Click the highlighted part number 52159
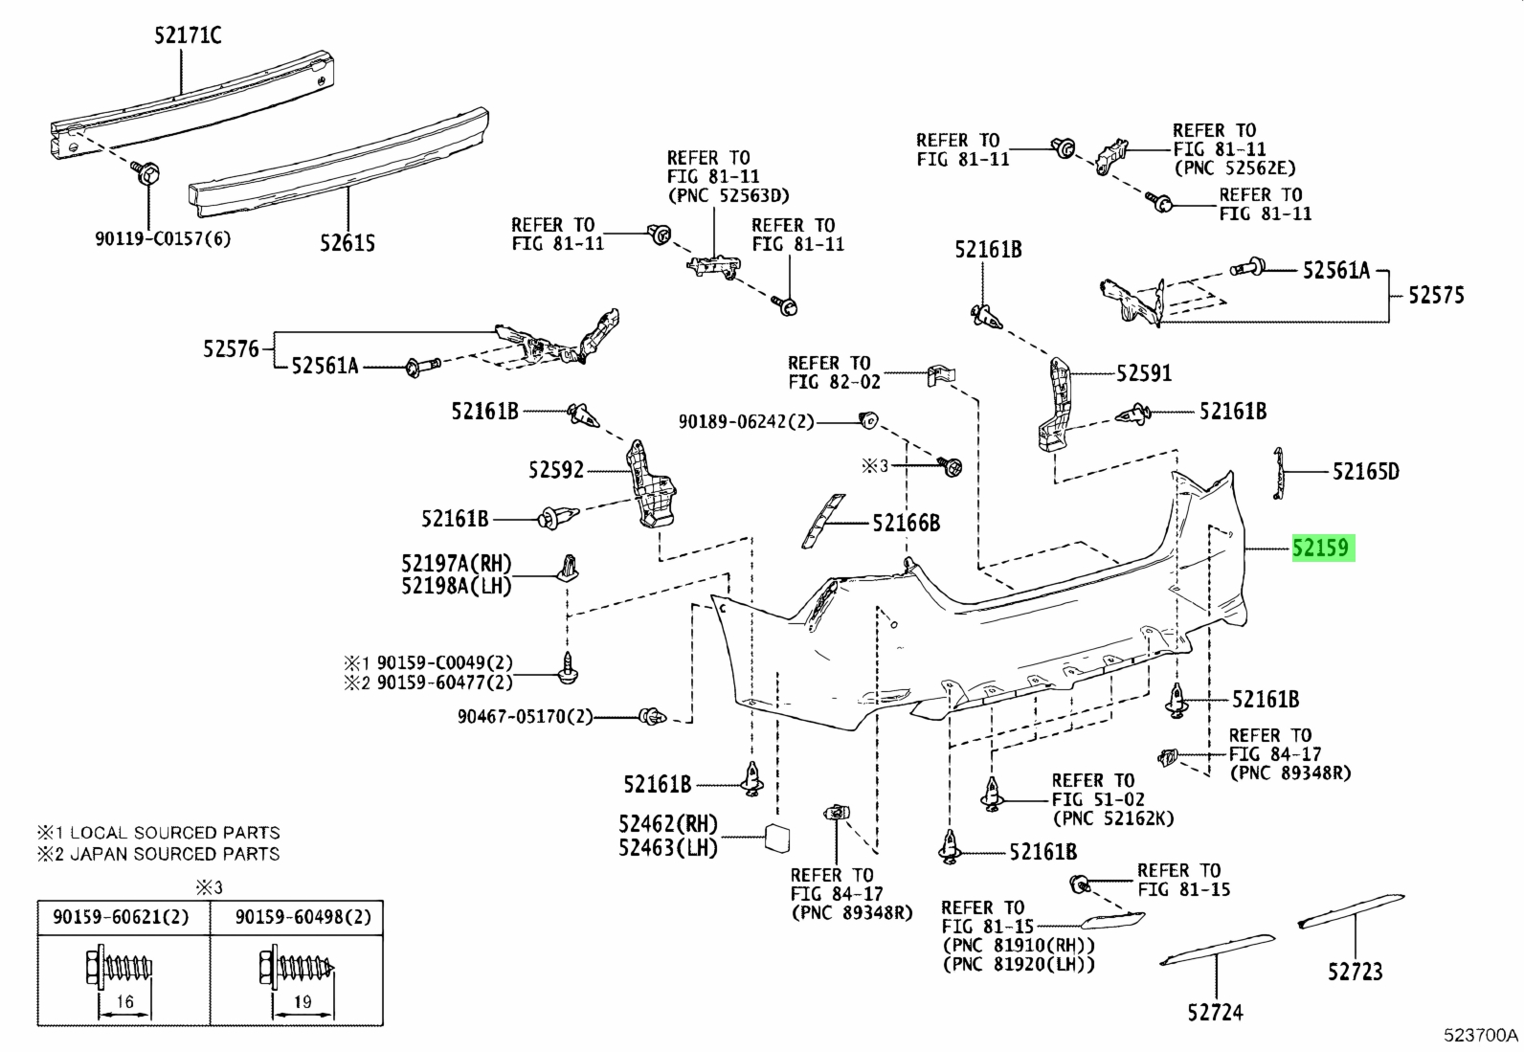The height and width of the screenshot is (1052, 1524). coord(1323,548)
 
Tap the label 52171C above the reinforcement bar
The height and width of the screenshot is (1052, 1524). coord(188,34)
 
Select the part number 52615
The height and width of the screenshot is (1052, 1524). coord(347,243)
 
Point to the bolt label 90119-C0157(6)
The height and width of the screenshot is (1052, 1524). coord(164,239)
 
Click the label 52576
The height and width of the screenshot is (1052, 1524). coord(232,349)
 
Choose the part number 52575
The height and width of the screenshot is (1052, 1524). coord(1436,296)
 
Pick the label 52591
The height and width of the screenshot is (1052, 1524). coord(1144,373)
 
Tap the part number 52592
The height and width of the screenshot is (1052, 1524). coord(556,470)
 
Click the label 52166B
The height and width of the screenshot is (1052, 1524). coord(907,523)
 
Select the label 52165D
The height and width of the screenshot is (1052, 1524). coord(1366,471)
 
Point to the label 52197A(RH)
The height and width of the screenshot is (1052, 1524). coord(457,564)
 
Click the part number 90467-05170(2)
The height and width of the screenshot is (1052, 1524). coord(526,717)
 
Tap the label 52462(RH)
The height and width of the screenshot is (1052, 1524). coord(668,825)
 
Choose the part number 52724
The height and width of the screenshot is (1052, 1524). coord(1215,1013)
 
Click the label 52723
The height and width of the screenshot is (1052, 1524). coord(1356,972)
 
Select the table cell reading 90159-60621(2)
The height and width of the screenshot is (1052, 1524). coord(122,917)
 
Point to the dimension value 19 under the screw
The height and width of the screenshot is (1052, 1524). coord(303,1001)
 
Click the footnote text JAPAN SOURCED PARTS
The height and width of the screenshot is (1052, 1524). coord(175,854)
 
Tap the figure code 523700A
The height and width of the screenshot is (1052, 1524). coord(1481,1035)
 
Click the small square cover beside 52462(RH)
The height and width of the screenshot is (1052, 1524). coord(777,838)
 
